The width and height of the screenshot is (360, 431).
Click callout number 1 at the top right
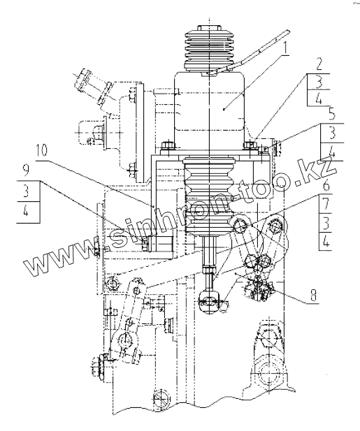(x=285, y=49)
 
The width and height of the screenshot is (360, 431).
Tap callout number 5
(x=332, y=115)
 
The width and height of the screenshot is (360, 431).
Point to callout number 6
(x=326, y=186)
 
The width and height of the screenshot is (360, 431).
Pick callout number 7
(x=325, y=204)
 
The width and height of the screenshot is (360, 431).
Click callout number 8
(x=313, y=295)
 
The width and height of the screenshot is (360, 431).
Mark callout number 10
(x=41, y=150)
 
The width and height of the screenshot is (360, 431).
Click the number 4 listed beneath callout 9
(x=26, y=211)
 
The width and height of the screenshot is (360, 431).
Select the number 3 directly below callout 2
(x=319, y=82)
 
